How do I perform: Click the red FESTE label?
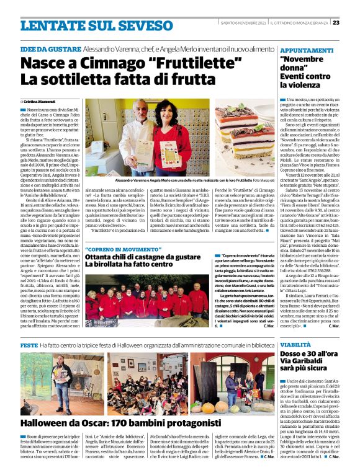(29, 344)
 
